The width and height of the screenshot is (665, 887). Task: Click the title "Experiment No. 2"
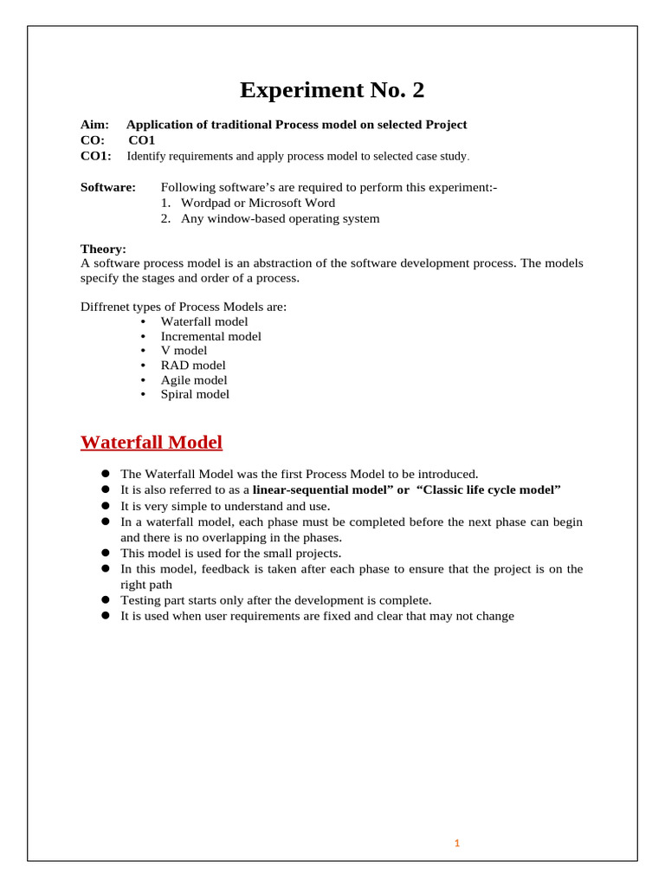click(332, 90)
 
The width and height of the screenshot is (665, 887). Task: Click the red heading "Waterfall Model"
click(152, 443)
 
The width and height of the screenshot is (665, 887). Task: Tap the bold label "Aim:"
click(94, 125)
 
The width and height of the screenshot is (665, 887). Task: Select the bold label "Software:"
click(108, 187)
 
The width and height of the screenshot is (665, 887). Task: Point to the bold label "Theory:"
click(103, 249)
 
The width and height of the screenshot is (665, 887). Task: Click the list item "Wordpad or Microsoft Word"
click(257, 203)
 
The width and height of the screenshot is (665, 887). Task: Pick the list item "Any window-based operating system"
click(280, 218)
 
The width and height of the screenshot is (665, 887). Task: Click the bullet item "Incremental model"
click(210, 336)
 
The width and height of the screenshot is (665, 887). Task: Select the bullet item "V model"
click(184, 351)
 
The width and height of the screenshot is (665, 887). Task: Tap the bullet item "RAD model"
click(193, 366)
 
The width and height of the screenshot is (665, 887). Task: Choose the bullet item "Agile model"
click(194, 380)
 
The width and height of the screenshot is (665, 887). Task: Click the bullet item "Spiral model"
click(195, 394)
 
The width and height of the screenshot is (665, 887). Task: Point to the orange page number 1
click(457, 843)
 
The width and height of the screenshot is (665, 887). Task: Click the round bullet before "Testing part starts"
click(104, 599)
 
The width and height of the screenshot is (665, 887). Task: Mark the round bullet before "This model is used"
click(104, 553)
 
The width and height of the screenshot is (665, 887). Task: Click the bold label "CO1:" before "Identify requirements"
click(96, 156)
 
